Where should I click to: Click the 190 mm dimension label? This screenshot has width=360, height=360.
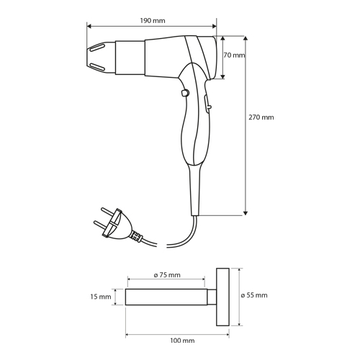click(x=153, y=21)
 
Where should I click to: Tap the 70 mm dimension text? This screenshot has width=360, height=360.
click(x=235, y=55)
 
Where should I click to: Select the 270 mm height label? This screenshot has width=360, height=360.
click(x=261, y=117)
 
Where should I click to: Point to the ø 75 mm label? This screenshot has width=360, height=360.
click(x=167, y=275)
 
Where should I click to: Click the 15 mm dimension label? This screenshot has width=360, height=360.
click(x=101, y=297)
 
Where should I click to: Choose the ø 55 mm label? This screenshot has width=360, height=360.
click(x=254, y=295)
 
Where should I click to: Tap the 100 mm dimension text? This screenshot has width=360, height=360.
click(x=182, y=341)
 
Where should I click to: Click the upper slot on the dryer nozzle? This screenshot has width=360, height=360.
click(x=96, y=48)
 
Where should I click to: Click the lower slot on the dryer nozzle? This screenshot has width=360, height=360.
click(x=97, y=67)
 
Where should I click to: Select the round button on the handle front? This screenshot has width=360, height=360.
click(x=185, y=93)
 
